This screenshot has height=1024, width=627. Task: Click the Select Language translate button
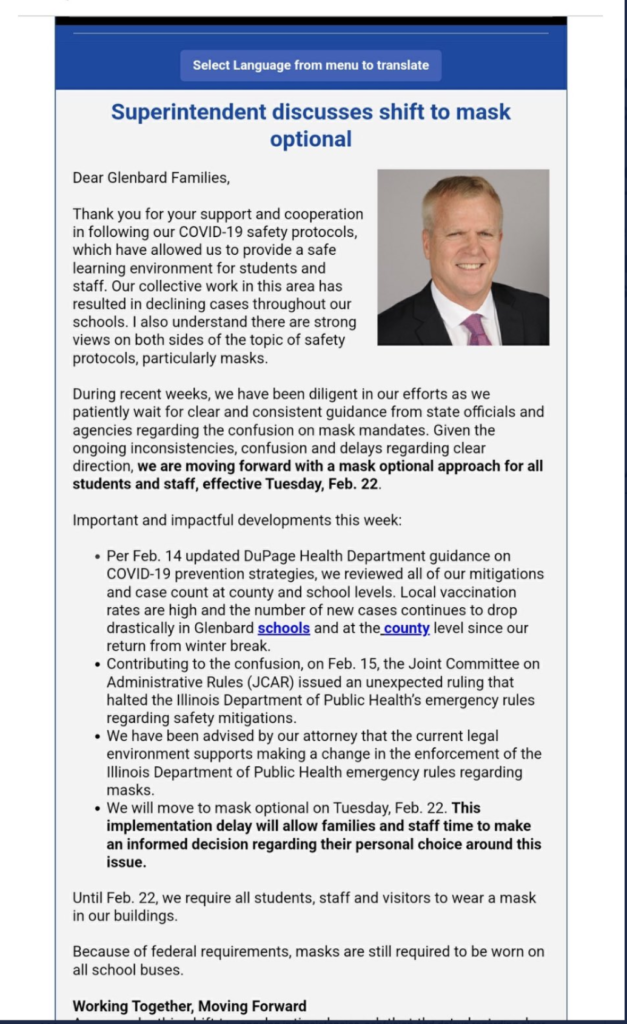click(x=310, y=65)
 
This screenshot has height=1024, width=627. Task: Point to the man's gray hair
click(x=461, y=190)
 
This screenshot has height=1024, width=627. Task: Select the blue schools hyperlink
click(x=284, y=628)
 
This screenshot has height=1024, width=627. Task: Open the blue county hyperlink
click(x=405, y=628)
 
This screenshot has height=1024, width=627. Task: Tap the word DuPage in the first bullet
click(x=283, y=555)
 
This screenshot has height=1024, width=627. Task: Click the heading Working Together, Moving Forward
click(x=189, y=1006)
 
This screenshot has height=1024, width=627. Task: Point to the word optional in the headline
click(x=311, y=139)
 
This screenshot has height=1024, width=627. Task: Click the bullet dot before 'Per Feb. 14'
click(x=97, y=555)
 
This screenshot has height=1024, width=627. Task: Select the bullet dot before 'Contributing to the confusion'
click(x=97, y=663)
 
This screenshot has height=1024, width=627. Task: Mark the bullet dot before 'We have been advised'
click(x=97, y=736)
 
